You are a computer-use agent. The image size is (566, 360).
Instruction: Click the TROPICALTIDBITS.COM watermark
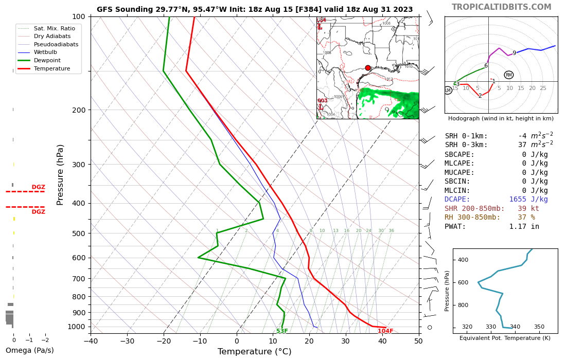tap(501, 7)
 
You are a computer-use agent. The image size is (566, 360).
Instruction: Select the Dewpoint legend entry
tap(47, 60)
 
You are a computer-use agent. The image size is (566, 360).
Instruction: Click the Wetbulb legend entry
tap(45, 52)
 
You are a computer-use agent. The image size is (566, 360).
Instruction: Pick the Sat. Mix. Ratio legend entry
tap(54, 28)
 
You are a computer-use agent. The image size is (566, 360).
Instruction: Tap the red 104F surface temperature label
tap(385, 331)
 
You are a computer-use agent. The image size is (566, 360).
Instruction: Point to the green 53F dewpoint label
tap(282, 331)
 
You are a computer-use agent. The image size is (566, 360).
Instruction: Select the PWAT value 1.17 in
tap(524, 226)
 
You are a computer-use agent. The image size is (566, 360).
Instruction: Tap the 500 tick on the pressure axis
tap(78, 233)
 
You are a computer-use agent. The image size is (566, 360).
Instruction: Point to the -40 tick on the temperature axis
tap(91, 340)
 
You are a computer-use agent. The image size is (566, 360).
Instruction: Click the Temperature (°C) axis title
tap(254, 352)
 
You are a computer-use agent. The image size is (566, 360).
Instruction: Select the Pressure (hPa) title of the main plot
tap(61, 174)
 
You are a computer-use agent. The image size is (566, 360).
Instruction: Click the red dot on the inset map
tap(368, 67)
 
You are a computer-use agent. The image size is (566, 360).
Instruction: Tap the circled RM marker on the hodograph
tap(508, 75)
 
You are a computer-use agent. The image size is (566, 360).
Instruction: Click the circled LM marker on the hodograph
tap(448, 91)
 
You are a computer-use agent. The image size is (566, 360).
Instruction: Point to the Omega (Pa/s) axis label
tap(29, 351)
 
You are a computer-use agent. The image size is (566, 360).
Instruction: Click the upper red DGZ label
tap(38, 187)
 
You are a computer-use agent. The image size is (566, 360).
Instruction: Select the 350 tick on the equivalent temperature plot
tap(539, 327)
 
